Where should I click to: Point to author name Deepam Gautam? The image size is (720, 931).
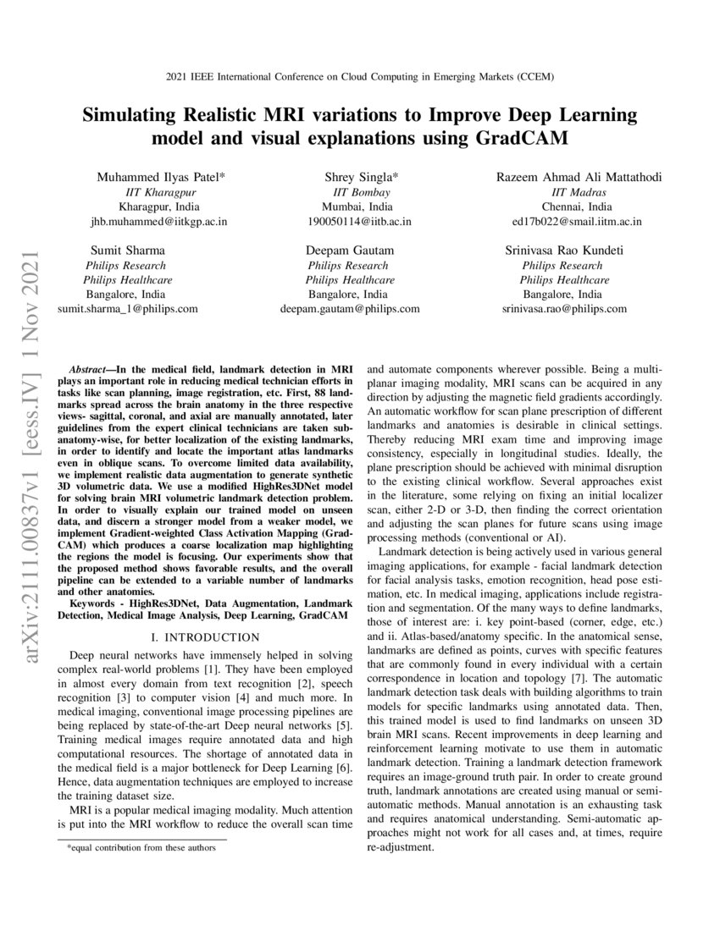(x=350, y=251)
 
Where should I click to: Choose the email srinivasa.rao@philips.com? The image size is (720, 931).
(x=565, y=309)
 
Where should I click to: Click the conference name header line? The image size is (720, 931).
(x=359, y=77)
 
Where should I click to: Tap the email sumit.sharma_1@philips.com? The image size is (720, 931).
(x=127, y=309)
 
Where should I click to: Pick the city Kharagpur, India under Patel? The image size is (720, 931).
(x=159, y=207)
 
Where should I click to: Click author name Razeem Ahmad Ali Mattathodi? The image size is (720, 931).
(x=579, y=177)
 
